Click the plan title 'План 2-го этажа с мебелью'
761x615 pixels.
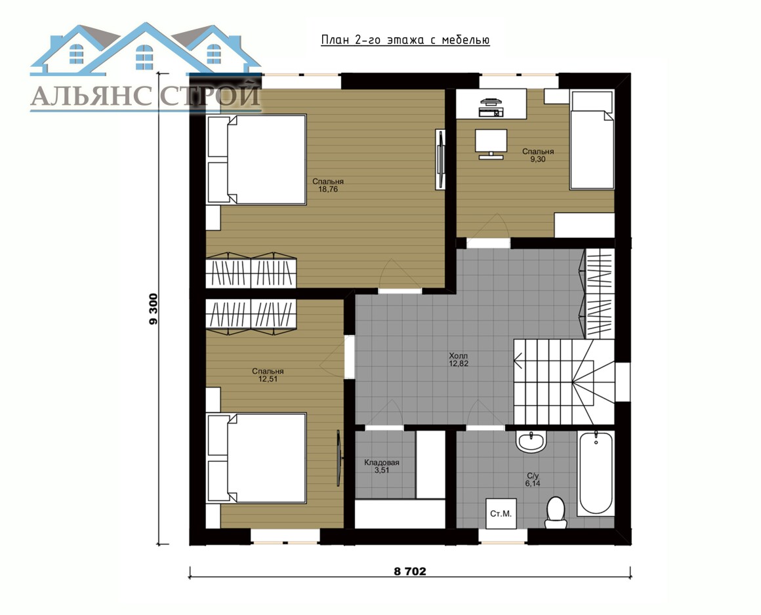click(x=405, y=40)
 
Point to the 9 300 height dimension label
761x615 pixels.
click(x=154, y=309)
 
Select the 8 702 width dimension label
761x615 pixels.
click(x=409, y=571)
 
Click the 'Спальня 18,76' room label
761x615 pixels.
click(x=327, y=186)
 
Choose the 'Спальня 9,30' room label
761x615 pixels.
click(x=538, y=155)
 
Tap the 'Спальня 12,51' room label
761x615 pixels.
click(x=268, y=375)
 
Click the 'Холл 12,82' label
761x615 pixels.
click(x=459, y=359)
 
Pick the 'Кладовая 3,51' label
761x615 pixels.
click(x=382, y=466)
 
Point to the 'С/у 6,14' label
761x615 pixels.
click(x=533, y=480)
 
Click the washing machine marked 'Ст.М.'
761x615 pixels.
click(x=501, y=513)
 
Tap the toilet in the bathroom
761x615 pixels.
click(x=555, y=512)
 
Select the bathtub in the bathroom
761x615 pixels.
click(x=596, y=473)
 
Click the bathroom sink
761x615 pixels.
click(x=531, y=442)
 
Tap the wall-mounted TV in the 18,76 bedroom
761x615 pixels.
click(x=440, y=159)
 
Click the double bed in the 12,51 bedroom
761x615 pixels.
click(x=257, y=457)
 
